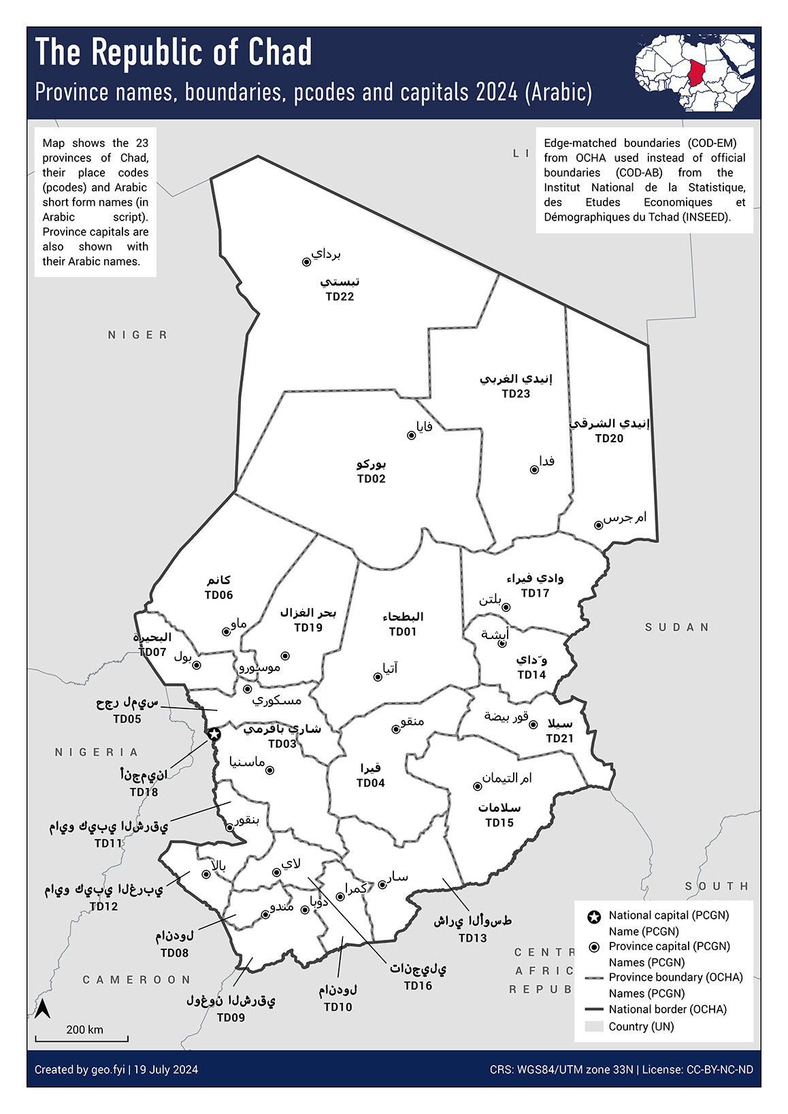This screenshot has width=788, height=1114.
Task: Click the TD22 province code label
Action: click(340, 297)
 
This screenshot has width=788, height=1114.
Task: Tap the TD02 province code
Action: click(372, 479)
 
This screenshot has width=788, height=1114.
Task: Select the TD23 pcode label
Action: click(516, 394)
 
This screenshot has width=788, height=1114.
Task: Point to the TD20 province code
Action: click(609, 439)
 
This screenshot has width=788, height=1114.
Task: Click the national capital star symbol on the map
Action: click(214, 734)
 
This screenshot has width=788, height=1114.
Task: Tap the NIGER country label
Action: click(137, 335)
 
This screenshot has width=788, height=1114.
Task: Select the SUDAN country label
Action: click(677, 627)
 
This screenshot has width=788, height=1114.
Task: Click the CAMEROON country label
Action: click(137, 980)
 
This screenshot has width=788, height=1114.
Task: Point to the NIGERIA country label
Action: click(97, 752)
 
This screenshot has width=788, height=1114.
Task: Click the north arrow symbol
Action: click(43, 1009)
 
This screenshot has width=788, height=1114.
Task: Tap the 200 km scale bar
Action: click(82, 1039)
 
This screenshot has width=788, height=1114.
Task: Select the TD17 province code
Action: click(535, 593)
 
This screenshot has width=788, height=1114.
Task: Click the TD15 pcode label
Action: click(499, 823)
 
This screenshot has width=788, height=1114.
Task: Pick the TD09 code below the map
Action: click(231, 1018)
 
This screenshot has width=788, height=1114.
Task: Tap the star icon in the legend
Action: click(594, 916)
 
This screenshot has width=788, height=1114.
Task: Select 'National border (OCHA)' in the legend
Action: click(667, 1009)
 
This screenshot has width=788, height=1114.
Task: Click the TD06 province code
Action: click(219, 595)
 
